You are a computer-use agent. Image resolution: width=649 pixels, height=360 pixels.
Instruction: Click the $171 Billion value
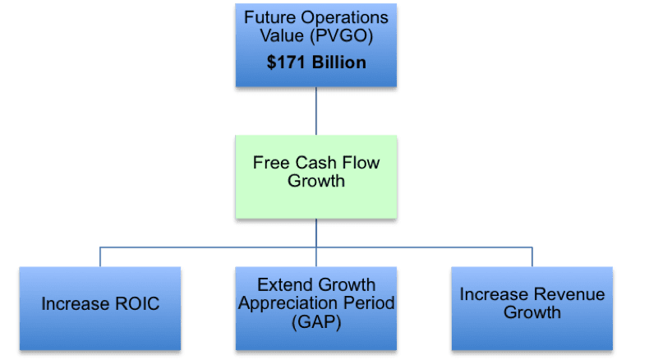pyautogui.click(x=316, y=62)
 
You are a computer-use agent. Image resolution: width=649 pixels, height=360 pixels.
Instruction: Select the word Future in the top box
pyautogui.click(x=270, y=17)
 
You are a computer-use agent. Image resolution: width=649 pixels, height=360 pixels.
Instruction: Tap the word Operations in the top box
pyautogui.click(x=345, y=18)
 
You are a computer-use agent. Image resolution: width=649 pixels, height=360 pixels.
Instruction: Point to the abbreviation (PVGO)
pyautogui.click(x=342, y=36)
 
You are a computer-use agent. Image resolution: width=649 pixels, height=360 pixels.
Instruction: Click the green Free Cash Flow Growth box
pyautogui.click(x=316, y=177)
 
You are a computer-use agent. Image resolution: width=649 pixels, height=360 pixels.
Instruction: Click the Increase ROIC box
pyautogui.click(x=100, y=309)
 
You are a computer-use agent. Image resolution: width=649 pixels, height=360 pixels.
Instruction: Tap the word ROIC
pyautogui.click(x=137, y=303)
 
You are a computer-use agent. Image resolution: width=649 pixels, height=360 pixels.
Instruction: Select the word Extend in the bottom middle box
pyautogui.click(x=285, y=285)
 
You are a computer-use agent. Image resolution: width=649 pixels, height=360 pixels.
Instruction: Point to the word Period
pyautogui.click(x=369, y=303)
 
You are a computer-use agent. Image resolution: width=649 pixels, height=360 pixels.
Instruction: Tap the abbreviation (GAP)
pyautogui.click(x=316, y=322)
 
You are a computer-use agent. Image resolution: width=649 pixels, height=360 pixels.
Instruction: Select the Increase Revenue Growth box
pyautogui.click(x=532, y=309)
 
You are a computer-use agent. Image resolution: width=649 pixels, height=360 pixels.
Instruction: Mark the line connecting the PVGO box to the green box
pyautogui.click(x=316, y=111)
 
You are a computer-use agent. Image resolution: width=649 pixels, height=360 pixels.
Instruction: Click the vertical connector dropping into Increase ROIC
pyautogui.click(x=100, y=257)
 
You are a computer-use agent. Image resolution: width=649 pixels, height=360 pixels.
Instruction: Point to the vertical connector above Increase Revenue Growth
pyautogui.click(x=532, y=257)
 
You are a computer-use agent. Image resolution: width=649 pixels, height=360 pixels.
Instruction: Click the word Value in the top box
pyautogui.click(x=283, y=35)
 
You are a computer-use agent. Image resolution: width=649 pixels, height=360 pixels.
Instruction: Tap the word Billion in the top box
pyautogui.click(x=339, y=62)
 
